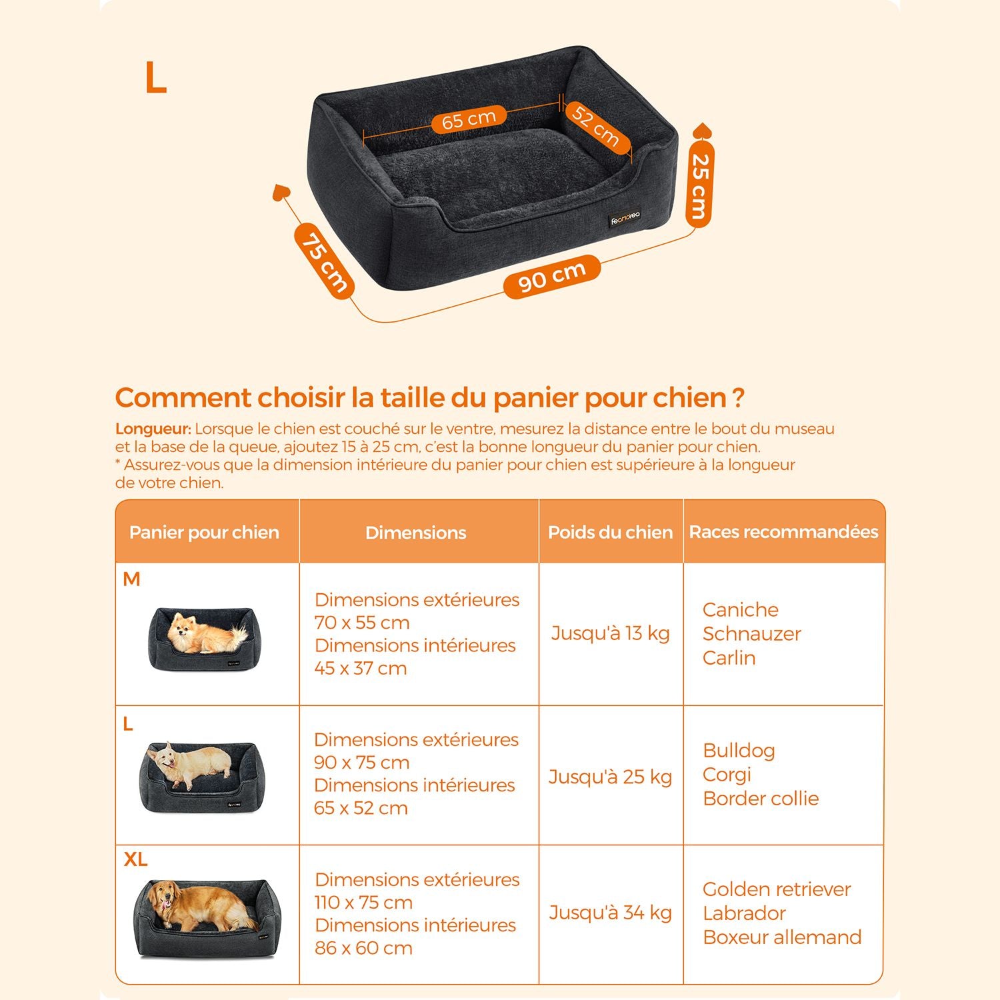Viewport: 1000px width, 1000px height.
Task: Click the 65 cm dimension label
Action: click(469, 120)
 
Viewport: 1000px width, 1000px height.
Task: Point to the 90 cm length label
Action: click(551, 276)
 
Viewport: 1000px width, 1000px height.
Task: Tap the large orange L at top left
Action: click(155, 78)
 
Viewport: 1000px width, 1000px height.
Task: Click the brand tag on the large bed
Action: click(625, 218)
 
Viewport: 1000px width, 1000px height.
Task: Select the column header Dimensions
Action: click(416, 533)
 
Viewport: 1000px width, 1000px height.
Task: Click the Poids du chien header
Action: click(610, 532)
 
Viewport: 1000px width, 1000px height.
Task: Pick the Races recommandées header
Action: click(783, 532)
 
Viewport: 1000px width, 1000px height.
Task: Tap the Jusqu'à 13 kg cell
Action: click(610, 633)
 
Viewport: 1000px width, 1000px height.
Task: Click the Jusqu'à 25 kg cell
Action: click(610, 777)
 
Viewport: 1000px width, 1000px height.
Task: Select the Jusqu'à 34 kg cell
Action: click(610, 913)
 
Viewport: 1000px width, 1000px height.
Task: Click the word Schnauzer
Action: click(751, 634)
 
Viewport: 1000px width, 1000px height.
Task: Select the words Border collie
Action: click(761, 799)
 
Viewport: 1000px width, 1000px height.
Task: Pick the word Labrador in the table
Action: click(744, 913)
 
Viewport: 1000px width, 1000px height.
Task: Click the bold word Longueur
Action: click(153, 429)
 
